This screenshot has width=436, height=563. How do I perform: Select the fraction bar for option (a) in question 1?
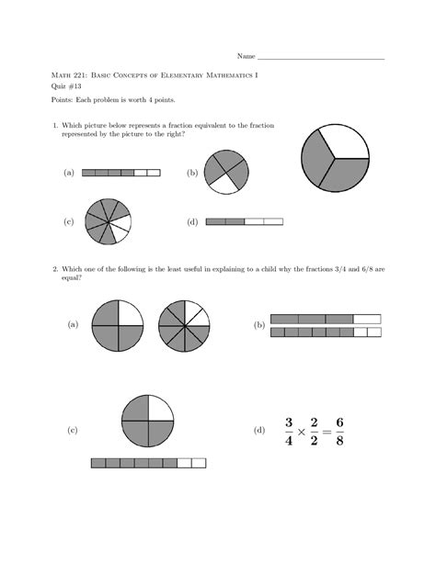(120, 173)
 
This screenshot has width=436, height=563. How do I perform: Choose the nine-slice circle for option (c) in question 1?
(108, 221)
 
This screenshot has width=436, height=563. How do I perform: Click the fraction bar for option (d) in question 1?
(245, 221)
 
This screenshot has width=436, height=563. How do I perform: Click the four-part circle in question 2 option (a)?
(117, 325)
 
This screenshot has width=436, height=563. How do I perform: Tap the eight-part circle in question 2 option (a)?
(184, 325)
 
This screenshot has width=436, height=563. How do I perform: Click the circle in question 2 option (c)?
(147, 422)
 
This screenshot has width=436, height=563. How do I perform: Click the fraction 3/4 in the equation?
(288, 430)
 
